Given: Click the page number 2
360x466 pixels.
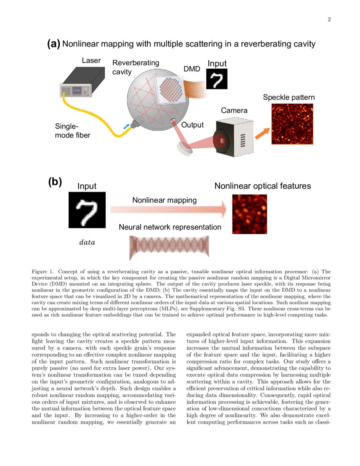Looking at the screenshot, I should coord(329,19).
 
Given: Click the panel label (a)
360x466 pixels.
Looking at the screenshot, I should coord(53,44).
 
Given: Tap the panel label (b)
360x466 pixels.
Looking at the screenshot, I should coord(55,182).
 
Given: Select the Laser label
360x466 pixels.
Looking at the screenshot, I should coord(91,61).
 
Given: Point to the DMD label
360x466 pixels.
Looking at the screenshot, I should coord(191,69).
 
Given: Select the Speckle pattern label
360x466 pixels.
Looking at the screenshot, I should coord(289,97).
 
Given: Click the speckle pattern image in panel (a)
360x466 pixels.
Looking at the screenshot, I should coord(292,124).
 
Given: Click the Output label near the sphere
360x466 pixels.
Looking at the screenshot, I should coord(192,125).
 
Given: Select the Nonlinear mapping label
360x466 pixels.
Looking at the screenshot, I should coord(164,200).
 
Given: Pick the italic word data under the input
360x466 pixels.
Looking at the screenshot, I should coord(87,243).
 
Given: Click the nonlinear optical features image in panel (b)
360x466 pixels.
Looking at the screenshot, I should coord(250,214).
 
